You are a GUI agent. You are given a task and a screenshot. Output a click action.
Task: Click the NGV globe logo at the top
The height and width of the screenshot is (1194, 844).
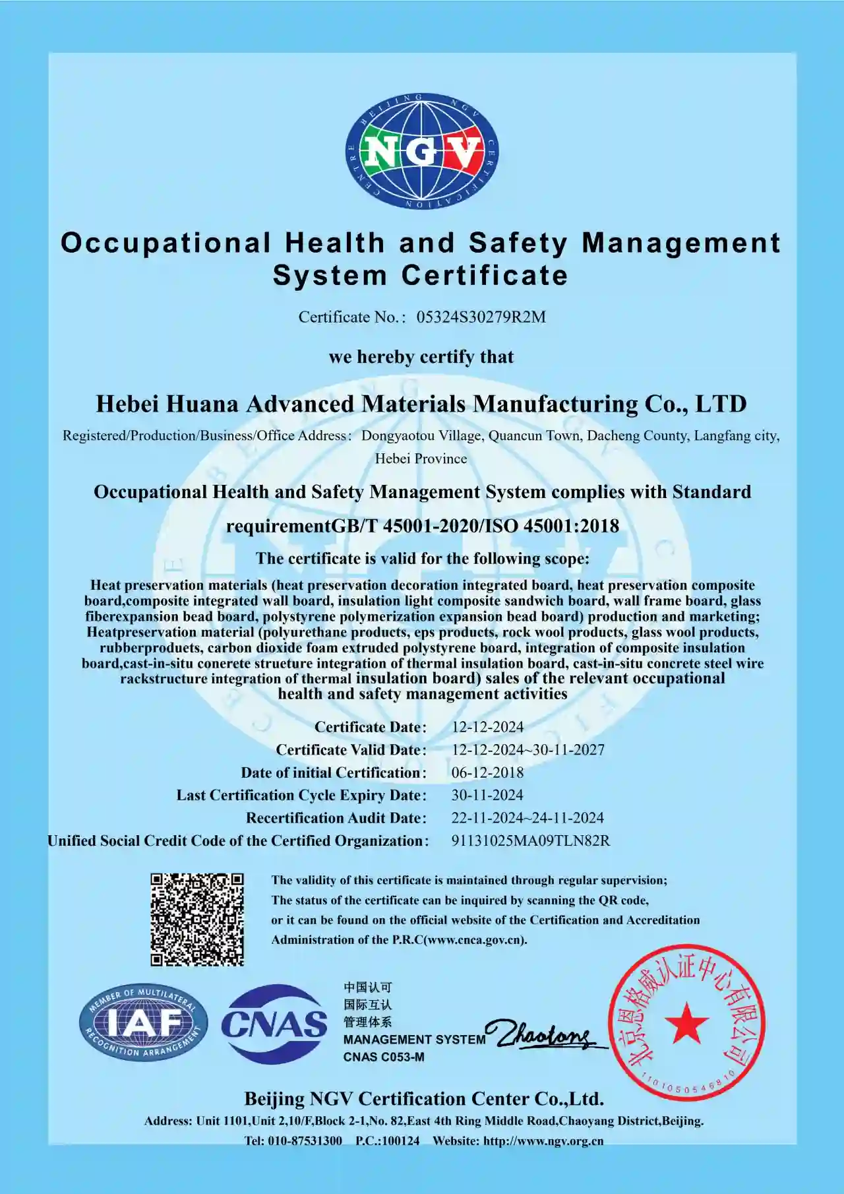(x=422, y=152)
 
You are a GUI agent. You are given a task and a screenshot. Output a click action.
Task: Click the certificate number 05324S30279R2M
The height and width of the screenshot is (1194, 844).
(x=481, y=317)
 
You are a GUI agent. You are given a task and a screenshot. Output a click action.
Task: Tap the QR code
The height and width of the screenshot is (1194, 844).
(x=197, y=920)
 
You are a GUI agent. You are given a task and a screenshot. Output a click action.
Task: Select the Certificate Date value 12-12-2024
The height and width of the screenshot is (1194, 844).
(x=487, y=727)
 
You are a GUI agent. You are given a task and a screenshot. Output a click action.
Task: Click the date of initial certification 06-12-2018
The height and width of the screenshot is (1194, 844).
(x=487, y=772)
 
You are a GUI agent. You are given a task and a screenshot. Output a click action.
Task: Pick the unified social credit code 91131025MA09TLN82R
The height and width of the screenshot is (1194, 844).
(x=530, y=841)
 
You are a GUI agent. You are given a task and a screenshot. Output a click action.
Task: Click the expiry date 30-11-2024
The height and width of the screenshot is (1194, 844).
(x=487, y=796)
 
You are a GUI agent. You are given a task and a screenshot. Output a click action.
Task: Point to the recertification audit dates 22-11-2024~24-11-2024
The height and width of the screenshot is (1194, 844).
(x=527, y=818)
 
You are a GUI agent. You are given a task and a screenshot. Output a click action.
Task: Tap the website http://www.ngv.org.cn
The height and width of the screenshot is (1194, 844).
(x=543, y=1141)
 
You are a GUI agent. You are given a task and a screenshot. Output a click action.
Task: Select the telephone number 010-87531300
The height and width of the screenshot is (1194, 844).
(x=305, y=1141)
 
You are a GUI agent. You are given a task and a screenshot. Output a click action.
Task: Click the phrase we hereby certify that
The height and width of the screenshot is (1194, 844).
(x=421, y=357)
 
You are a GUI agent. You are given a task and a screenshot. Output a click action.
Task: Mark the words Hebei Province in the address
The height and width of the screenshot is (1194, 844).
(x=421, y=459)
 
